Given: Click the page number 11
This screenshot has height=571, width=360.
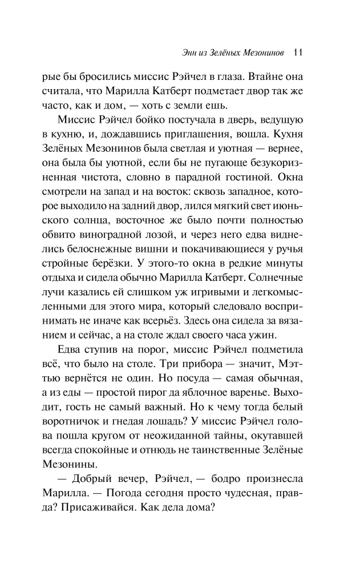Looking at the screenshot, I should (297, 52).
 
